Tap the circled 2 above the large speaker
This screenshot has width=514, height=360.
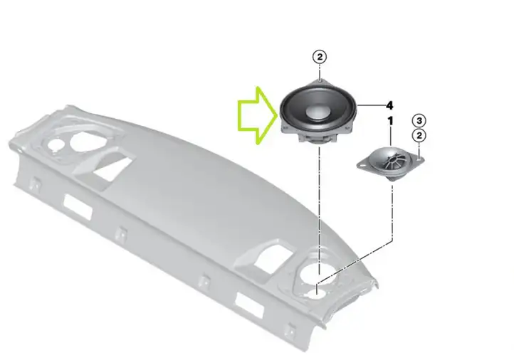[x=320, y=57]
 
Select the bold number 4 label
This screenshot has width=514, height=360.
[x=389, y=105]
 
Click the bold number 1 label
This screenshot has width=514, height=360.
[x=390, y=121]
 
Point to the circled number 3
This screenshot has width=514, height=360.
[x=419, y=120]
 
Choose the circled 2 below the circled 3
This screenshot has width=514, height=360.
[x=419, y=135]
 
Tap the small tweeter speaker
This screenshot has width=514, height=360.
[x=390, y=164]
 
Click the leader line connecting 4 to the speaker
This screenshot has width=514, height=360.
[x=371, y=105]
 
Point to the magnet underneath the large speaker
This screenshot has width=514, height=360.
[x=318, y=139]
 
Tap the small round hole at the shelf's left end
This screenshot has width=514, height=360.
[x=55, y=144]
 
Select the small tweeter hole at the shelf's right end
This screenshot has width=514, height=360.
[x=315, y=292]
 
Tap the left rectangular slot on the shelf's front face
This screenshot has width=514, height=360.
[x=78, y=207]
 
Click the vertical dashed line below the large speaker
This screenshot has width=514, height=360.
[x=319, y=210]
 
